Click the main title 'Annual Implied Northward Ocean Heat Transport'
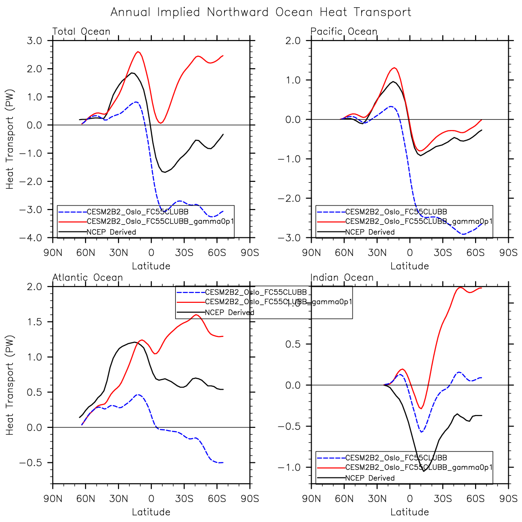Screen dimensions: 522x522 pos(261,12)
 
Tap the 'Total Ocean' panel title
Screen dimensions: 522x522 pos(82,31)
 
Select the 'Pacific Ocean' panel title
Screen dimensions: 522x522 pos(344,31)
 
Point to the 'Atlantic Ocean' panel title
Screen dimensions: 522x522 pos(87,277)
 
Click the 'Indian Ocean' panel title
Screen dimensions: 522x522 pos(342,277)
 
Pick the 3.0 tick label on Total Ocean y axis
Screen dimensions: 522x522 pos(33,41)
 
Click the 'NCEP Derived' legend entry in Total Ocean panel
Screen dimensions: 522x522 pos(111,232)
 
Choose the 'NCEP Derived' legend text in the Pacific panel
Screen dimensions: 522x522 pos(370,232)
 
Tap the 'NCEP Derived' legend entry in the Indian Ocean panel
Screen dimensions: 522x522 pos(370,478)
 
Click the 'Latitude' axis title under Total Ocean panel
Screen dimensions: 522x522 pos(151,266)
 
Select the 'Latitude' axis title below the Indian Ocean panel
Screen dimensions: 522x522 pos(409,512)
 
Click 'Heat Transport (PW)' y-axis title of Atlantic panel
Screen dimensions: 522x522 pos(10,385)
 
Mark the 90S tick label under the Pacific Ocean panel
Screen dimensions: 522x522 pos(508,252)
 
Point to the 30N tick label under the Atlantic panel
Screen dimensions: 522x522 pos(118,498)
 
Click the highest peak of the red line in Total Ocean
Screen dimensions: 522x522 pos(138,52)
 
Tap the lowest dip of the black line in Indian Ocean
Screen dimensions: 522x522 pos(424,471)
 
